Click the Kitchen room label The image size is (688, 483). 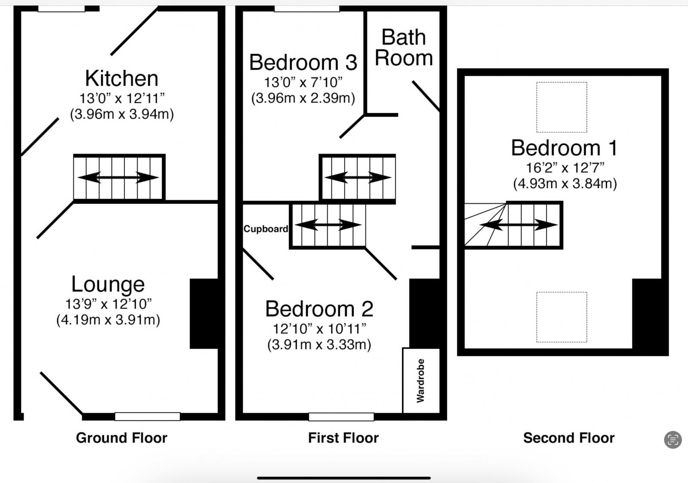[122, 79]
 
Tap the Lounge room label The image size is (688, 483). [108, 284]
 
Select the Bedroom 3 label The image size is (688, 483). [303, 62]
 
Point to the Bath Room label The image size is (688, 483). [404, 48]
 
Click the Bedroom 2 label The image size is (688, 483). [319, 309]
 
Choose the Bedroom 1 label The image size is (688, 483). [565, 148]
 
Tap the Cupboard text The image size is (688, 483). [266, 229]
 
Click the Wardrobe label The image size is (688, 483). [420, 380]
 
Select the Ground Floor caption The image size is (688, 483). [122, 438]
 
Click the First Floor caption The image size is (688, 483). [344, 438]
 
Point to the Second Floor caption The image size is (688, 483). [569, 438]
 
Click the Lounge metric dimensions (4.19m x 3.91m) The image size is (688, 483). [108, 320]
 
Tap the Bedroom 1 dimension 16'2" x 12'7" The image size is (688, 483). [565, 168]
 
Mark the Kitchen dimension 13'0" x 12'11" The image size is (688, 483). [122, 98]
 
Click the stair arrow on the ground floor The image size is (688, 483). [118, 177]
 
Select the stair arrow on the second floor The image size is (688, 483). [519, 225]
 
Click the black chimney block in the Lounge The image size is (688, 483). [204, 314]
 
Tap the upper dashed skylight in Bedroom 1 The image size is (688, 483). [562, 107]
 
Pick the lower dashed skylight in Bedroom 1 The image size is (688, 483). [562, 317]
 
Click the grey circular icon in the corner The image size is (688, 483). [673, 440]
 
